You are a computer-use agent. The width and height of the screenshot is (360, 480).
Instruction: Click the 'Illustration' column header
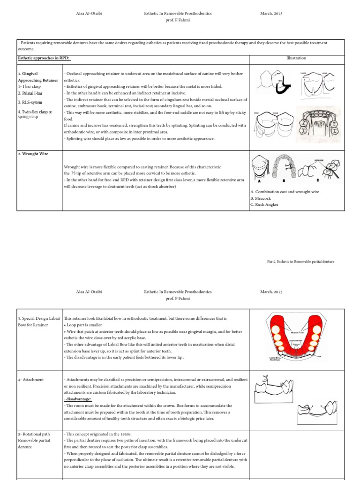click(296, 58)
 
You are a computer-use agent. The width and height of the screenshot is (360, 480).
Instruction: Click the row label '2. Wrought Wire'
click(33, 154)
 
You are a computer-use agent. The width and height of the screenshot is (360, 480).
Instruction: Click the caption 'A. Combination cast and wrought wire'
click(285, 192)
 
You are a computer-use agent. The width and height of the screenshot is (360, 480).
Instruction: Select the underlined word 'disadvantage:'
click(78, 399)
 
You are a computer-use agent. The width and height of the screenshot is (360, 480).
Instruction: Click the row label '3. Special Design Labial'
click(39, 318)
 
